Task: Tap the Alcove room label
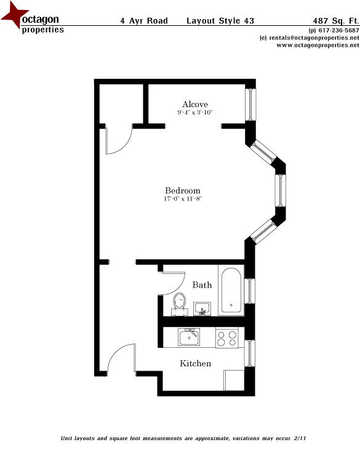195,104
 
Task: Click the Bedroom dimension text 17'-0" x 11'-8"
183,199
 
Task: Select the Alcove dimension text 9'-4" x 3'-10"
195,112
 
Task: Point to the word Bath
202,285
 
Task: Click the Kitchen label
195,363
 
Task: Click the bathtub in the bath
231,290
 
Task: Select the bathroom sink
202,308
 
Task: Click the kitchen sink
189,337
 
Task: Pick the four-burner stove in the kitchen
226,338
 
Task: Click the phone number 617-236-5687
339,30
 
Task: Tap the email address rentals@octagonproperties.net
314,38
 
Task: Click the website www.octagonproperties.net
318,45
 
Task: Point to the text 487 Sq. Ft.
336,21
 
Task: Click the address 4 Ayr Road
144,21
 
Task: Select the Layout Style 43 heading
220,21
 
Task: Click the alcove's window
250,105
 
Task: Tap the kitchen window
250,353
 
